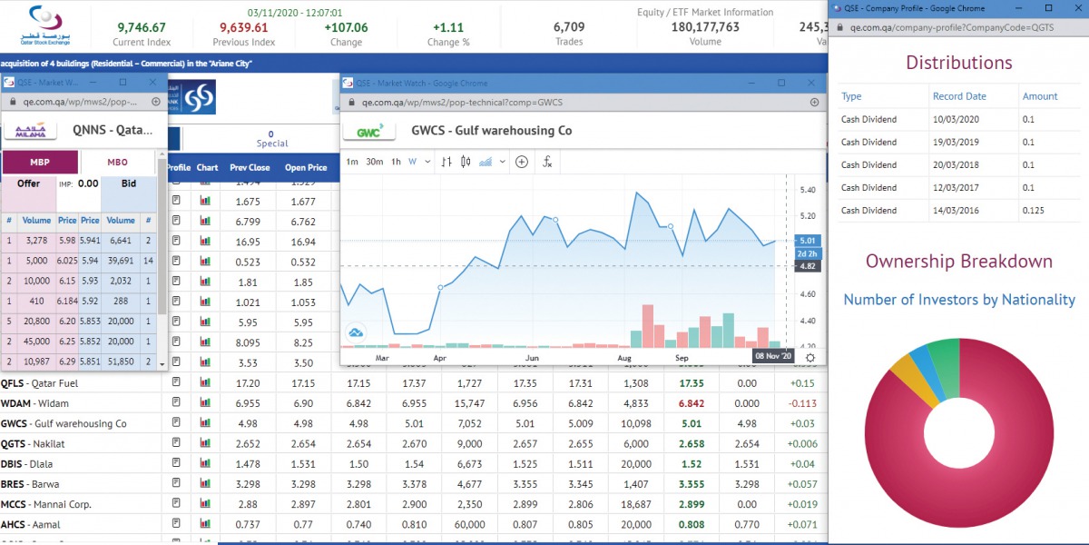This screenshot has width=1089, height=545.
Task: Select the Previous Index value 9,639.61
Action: [244, 27]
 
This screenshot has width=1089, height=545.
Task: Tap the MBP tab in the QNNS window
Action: [40, 163]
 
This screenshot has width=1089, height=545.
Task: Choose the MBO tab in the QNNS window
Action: [118, 163]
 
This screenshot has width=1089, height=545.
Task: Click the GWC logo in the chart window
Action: [368, 131]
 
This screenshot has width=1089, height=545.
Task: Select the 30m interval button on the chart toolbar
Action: [374, 162]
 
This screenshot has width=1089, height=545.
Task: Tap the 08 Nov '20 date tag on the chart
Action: [774, 356]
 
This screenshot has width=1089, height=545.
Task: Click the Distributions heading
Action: [958, 63]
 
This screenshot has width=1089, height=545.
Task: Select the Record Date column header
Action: [958, 96]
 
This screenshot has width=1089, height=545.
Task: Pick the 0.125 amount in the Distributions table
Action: [1033, 211]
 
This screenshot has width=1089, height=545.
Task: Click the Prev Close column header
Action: [250, 167]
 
